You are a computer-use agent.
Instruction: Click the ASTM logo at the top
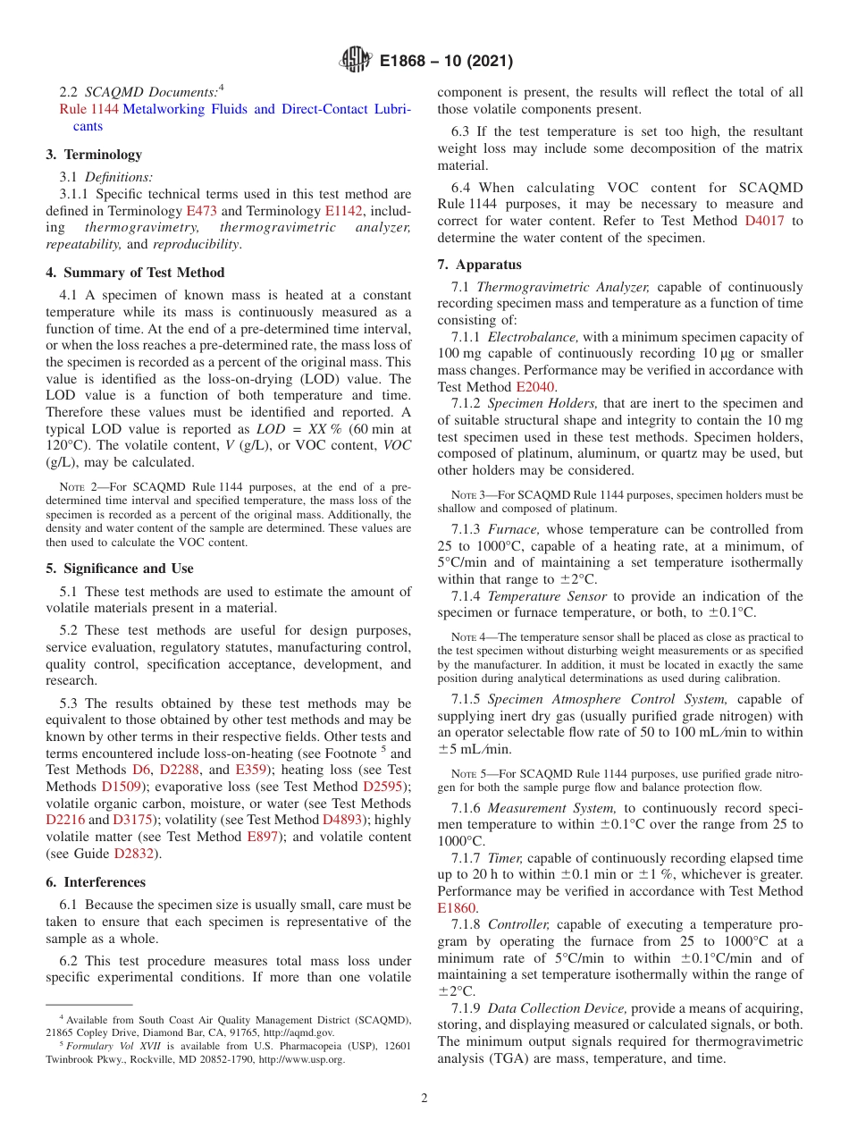pos(356,62)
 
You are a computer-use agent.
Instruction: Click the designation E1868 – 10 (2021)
pos(446,62)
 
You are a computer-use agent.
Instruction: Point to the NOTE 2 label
pos(77,488)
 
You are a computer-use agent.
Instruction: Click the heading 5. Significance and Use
pos(120,568)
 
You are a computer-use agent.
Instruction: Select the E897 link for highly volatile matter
pos(263,837)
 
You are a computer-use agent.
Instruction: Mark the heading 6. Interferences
pos(96,882)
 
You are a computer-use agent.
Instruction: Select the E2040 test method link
pos(534,387)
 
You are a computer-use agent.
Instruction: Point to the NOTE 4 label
pos(468,637)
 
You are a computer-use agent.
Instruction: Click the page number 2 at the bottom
pos(424,1099)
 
